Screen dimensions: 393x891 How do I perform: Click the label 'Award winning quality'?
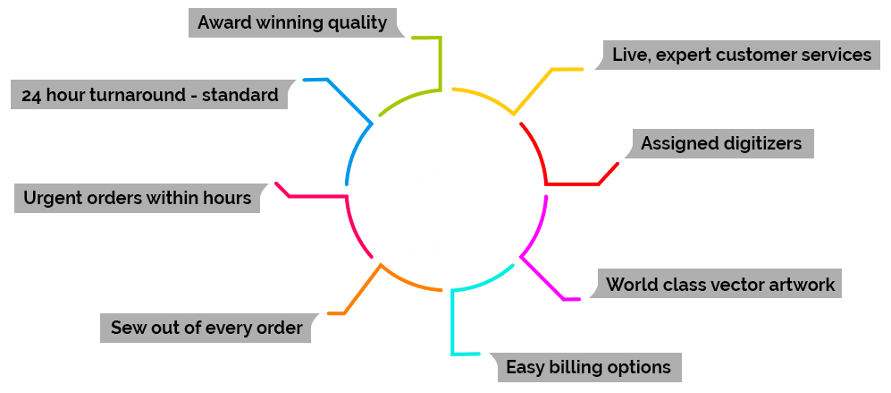coord(293,22)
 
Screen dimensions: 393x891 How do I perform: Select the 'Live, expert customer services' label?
coord(741,55)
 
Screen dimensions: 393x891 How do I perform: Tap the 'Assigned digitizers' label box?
coord(721,143)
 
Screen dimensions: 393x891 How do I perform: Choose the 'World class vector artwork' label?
coord(720,286)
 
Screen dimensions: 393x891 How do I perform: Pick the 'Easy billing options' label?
coord(588,366)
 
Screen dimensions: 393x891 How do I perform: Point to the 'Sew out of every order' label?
coord(206,328)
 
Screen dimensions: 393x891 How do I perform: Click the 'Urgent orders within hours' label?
coord(138,198)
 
